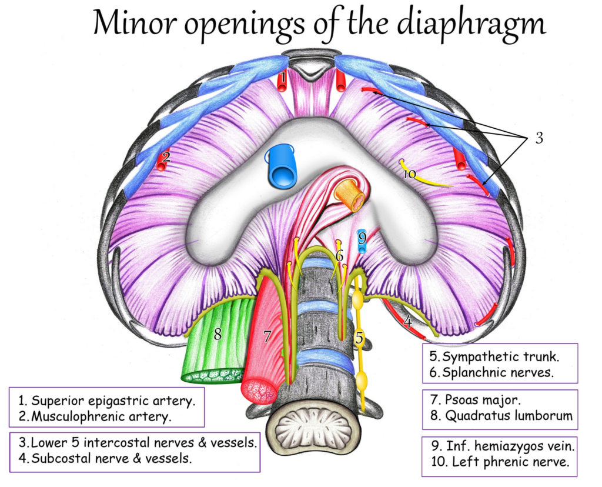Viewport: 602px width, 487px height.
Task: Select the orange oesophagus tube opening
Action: [350, 195]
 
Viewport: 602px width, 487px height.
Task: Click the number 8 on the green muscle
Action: [218, 333]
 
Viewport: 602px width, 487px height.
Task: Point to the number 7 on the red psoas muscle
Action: [267, 337]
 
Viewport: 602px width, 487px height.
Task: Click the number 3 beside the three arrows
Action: [540, 138]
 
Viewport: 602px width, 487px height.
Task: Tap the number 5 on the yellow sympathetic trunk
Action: [359, 338]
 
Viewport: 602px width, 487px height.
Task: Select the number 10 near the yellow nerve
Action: [410, 174]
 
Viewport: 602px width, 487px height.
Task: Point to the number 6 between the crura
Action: [339, 256]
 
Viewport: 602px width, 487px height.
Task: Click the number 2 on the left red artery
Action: [166, 156]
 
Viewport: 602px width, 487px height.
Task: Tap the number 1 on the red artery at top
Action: [283, 78]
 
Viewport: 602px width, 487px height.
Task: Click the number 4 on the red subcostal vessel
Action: [408, 322]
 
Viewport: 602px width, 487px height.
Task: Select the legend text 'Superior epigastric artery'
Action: [112, 401]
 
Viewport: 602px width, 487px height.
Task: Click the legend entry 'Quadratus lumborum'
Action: [509, 416]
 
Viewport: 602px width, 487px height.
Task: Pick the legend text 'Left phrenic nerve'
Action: [510, 461]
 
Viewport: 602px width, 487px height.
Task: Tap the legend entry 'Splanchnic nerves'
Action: [497, 372]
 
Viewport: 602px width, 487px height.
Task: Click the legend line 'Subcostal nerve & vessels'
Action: [111, 458]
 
